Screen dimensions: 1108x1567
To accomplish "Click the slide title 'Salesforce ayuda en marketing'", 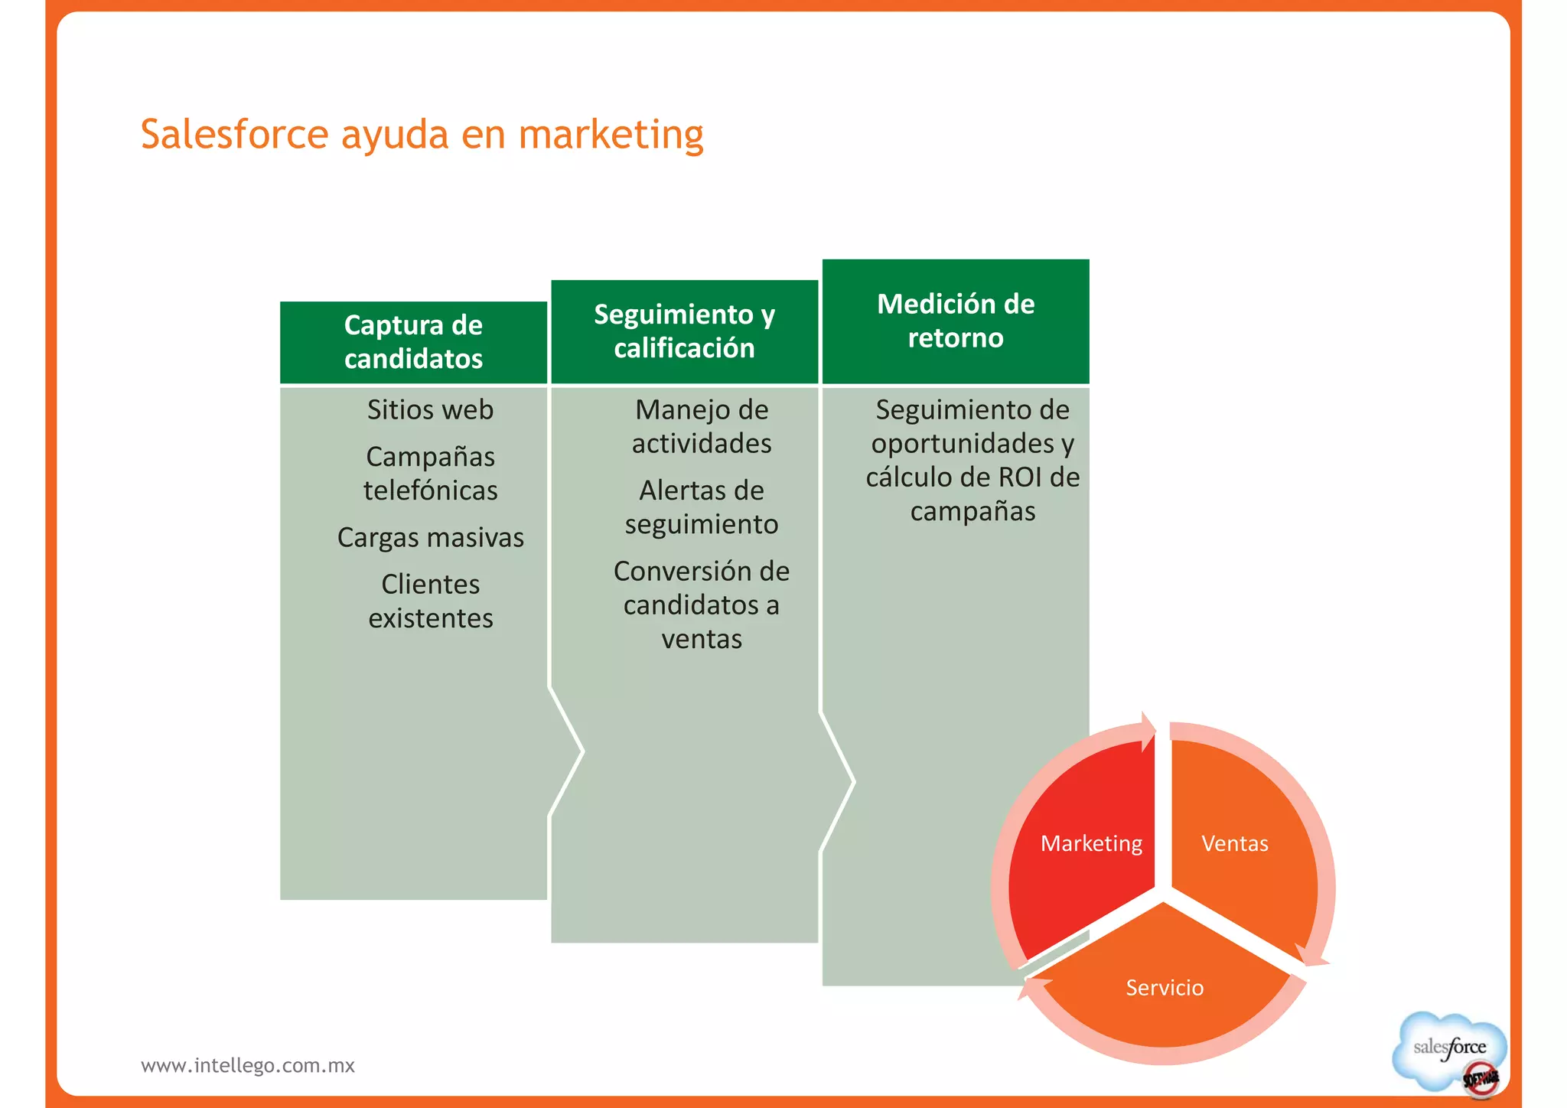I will pos(422,135).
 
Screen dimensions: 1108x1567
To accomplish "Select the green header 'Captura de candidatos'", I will pos(413,342).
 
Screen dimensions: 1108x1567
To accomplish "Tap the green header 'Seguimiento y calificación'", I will pos(684,331).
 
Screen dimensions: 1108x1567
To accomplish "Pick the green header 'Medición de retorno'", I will pos(955,321).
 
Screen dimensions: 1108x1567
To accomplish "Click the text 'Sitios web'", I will pos(430,410).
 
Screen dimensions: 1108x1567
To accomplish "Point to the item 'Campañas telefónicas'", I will pos(430,474).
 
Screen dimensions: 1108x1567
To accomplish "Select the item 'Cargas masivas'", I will pos(430,538).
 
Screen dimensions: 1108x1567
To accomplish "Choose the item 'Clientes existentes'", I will pos(430,601).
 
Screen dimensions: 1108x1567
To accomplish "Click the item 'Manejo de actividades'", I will pos(701,427).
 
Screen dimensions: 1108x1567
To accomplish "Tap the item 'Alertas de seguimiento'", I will pos(701,507).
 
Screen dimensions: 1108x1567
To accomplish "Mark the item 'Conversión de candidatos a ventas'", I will pos(701,605).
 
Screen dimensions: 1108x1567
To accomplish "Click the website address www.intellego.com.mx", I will pos(248,1066).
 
